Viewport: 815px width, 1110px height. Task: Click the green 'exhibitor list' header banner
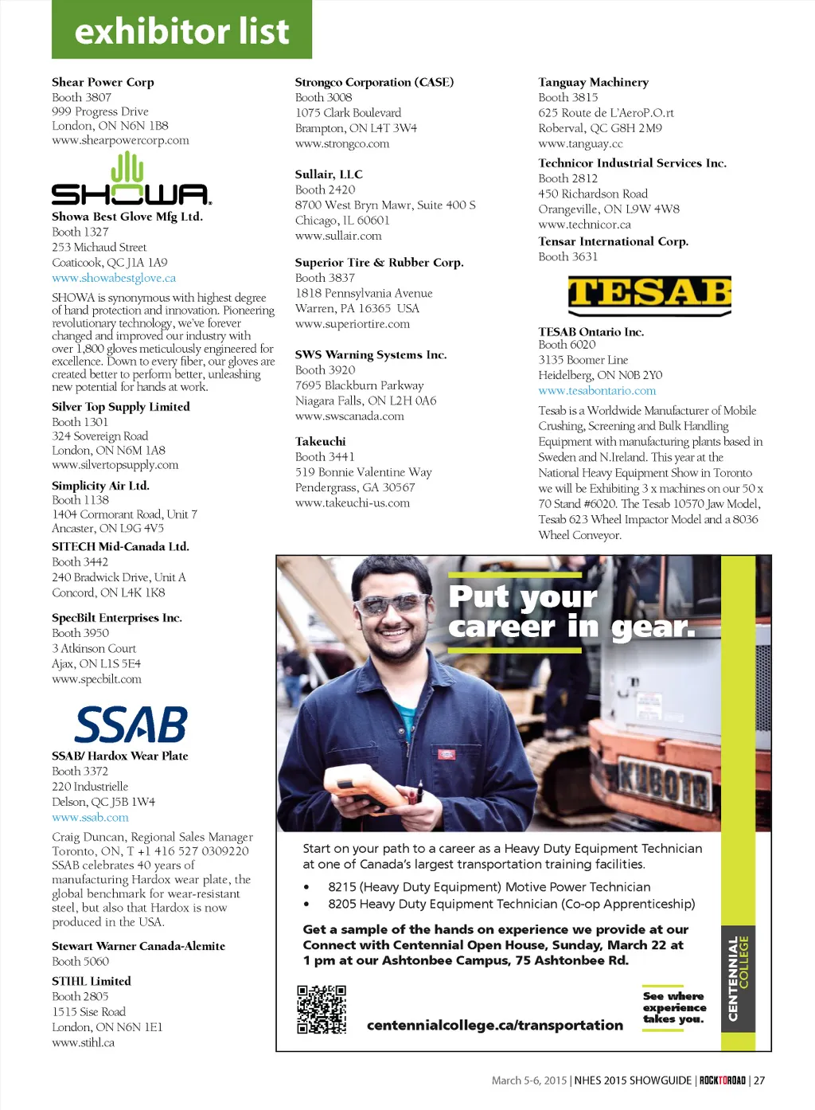click(181, 30)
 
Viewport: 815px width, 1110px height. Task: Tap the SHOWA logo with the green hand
click(131, 181)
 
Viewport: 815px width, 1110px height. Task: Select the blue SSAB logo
click(131, 724)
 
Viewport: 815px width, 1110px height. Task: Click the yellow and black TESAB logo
click(649, 295)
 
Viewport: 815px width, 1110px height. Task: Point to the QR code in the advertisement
click(322, 1009)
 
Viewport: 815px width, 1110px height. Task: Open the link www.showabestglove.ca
click(114, 278)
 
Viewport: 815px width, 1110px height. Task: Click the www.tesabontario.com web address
click(597, 391)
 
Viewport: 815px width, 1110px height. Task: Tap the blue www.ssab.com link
click(90, 818)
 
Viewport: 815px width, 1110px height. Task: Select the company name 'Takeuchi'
click(320, 441)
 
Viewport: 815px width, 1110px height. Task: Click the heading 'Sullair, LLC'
click(329, 174)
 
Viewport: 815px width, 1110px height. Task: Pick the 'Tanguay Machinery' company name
click(593, 82)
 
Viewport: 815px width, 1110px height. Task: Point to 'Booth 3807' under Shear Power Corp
click(81, 97)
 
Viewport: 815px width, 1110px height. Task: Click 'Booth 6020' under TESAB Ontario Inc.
click(567, 345)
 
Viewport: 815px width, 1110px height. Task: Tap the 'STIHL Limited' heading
click(92, 981)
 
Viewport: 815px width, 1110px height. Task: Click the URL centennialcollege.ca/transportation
click(494, 1026)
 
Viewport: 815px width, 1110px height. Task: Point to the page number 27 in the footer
click(759, 1081)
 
